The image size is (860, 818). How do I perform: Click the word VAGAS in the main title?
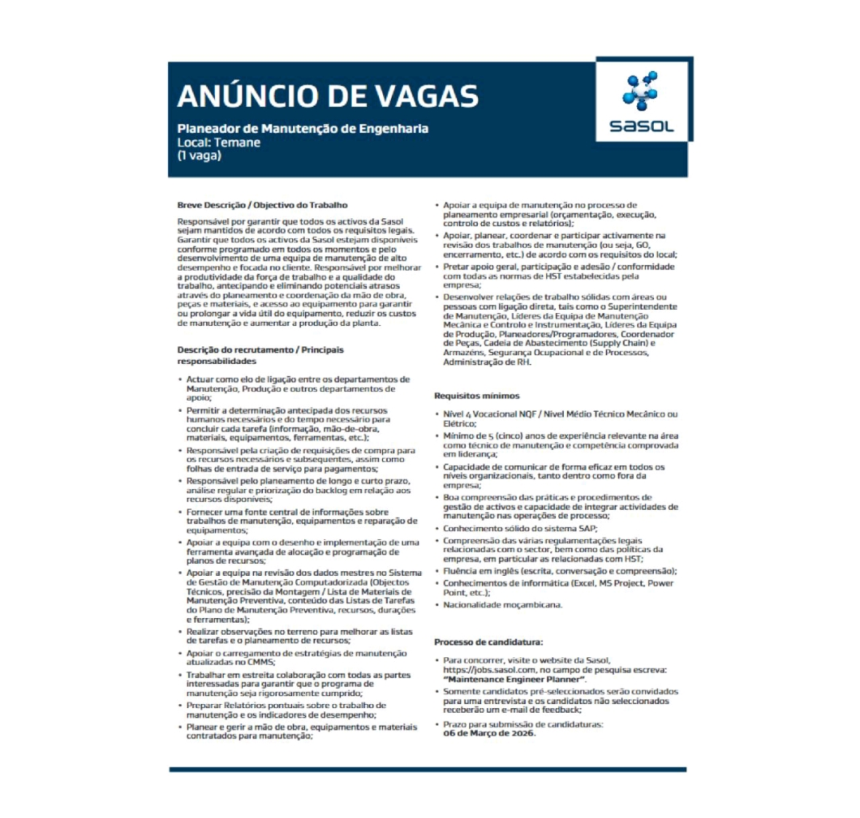425,95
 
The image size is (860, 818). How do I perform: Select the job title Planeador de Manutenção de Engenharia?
302,128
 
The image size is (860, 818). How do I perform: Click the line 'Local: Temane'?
218,142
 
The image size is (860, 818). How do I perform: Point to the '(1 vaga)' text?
199,155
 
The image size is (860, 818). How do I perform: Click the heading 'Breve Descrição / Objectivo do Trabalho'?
262,205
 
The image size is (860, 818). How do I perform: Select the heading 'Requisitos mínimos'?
476,395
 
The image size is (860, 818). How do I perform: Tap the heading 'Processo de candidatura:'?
488,641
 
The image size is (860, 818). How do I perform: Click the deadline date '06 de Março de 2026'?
489,734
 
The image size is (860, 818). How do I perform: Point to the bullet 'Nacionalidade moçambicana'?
502,605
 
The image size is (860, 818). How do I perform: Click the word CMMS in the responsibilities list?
260,662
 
